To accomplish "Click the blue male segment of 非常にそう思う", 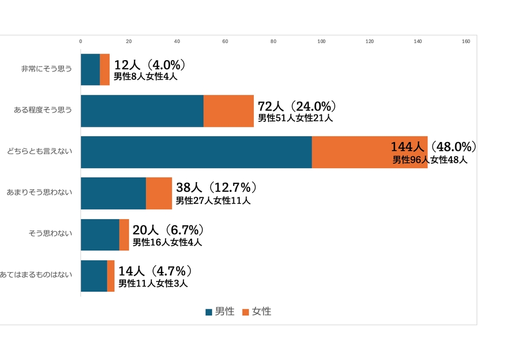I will click(x=90, y=69).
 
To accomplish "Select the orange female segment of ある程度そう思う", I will click(x=228, y=111).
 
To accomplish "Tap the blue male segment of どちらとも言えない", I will click(x=196, y=152).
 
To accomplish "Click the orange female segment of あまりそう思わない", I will click(x=159, y=194).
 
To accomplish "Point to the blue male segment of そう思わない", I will click(x=100, y=235).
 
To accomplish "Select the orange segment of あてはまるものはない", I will click(x=111, y=276).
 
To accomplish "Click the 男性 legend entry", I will click(x=220, y=312).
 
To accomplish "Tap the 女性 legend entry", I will click(x=257, y=312).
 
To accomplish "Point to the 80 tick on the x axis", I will click(x=273, y=41).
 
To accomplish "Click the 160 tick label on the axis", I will click(x=466, y=41).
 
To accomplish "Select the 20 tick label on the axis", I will click(x=129, y=41).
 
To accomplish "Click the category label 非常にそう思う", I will click(x=46, y=69).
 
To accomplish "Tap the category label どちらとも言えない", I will click(x=40, y=152).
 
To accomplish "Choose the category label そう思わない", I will click(x=50, y=235).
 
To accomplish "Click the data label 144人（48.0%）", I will click(x=433, y=147).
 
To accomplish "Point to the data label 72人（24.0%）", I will click(x=297, y=106).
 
